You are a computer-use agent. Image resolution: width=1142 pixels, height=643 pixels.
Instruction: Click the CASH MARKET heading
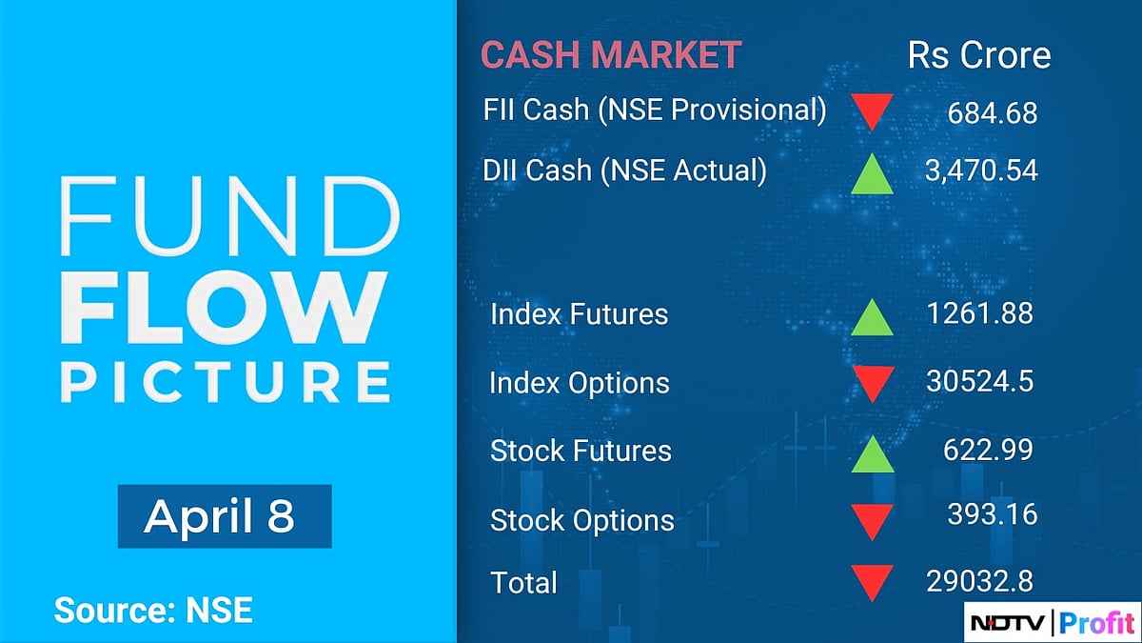coord(610,54)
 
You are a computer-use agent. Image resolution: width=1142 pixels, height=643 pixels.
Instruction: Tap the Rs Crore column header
coord(979,54)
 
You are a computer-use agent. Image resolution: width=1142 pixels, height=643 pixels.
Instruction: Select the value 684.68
coord(992,113)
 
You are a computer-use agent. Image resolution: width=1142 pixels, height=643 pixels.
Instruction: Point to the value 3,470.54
coord(980,171)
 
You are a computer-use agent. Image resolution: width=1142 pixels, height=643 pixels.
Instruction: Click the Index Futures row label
coord(579,314)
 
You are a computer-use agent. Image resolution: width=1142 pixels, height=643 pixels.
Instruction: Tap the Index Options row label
coord(579,383)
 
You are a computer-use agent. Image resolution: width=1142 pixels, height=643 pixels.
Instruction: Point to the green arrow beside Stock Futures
coord(871,452)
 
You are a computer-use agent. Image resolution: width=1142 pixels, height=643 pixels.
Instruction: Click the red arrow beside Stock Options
coord(871,521)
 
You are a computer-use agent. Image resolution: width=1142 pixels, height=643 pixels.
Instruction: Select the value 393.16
coord(992,514)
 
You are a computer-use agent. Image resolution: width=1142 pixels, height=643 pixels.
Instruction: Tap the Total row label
coord(523,582)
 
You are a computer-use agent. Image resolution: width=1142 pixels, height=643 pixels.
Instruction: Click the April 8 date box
coord(224,516)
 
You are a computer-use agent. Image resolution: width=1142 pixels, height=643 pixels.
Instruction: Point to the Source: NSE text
coord(153,610)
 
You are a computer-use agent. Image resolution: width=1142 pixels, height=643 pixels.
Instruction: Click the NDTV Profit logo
coord(1052,622)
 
